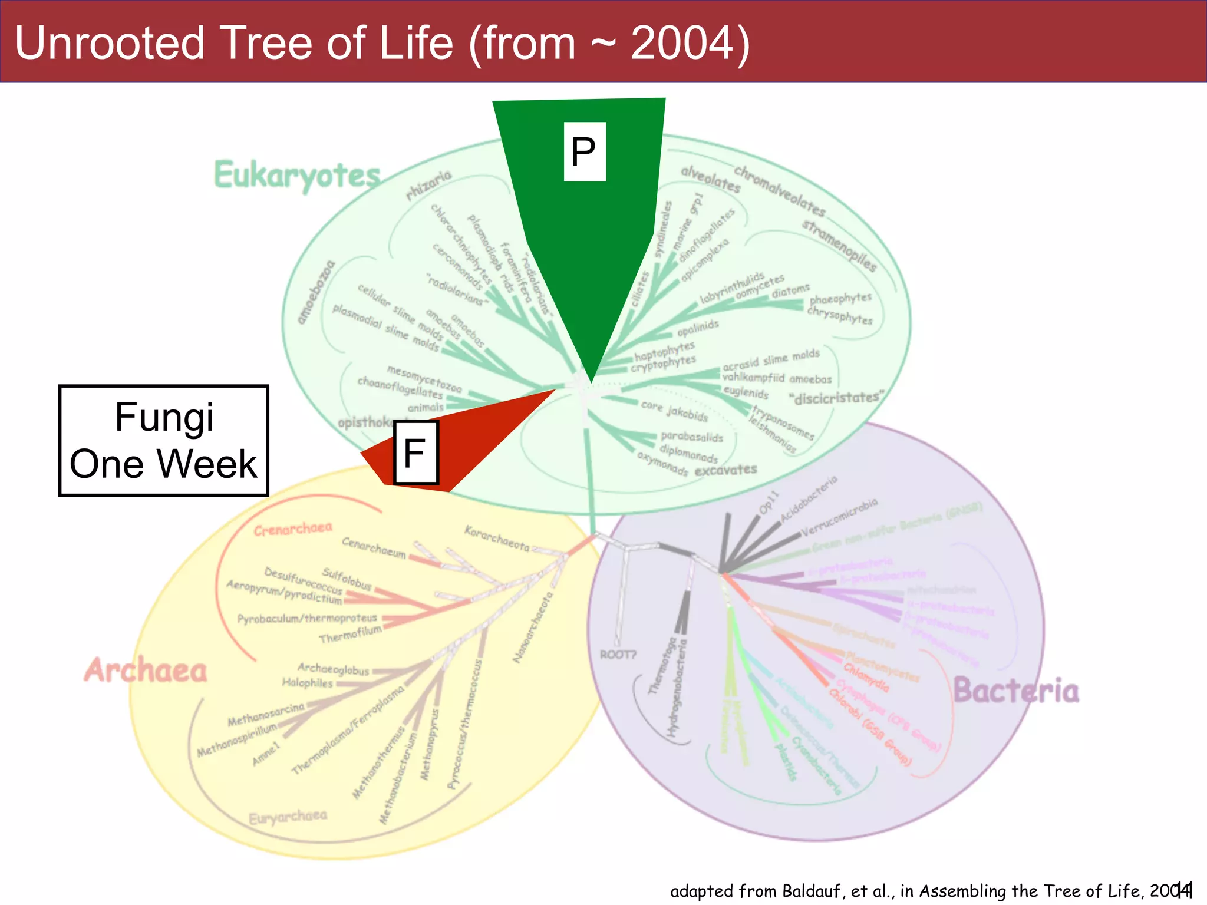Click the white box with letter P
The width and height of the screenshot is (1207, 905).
coord(584,151)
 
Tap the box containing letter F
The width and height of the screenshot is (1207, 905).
coord(415,452)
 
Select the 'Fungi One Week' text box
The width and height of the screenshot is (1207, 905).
coord(164,441)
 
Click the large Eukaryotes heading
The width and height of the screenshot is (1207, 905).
coord(297,176)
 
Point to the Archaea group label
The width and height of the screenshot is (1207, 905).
coord(146,671)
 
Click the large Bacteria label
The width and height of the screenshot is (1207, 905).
coord(1016,691)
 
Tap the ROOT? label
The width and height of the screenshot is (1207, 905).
coord(618,655)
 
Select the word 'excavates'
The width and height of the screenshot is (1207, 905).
coord(725,470)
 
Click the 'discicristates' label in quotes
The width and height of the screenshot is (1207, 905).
coord(836,398)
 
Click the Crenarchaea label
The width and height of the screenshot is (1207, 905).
coord(293,529)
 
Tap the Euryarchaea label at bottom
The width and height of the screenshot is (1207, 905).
coord(288,817)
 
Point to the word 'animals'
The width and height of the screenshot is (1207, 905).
coord(426,407)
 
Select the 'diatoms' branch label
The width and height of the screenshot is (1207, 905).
coord(790,290)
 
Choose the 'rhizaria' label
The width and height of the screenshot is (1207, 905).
coord(428,184)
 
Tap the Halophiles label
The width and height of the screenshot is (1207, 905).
coord(307,683)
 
